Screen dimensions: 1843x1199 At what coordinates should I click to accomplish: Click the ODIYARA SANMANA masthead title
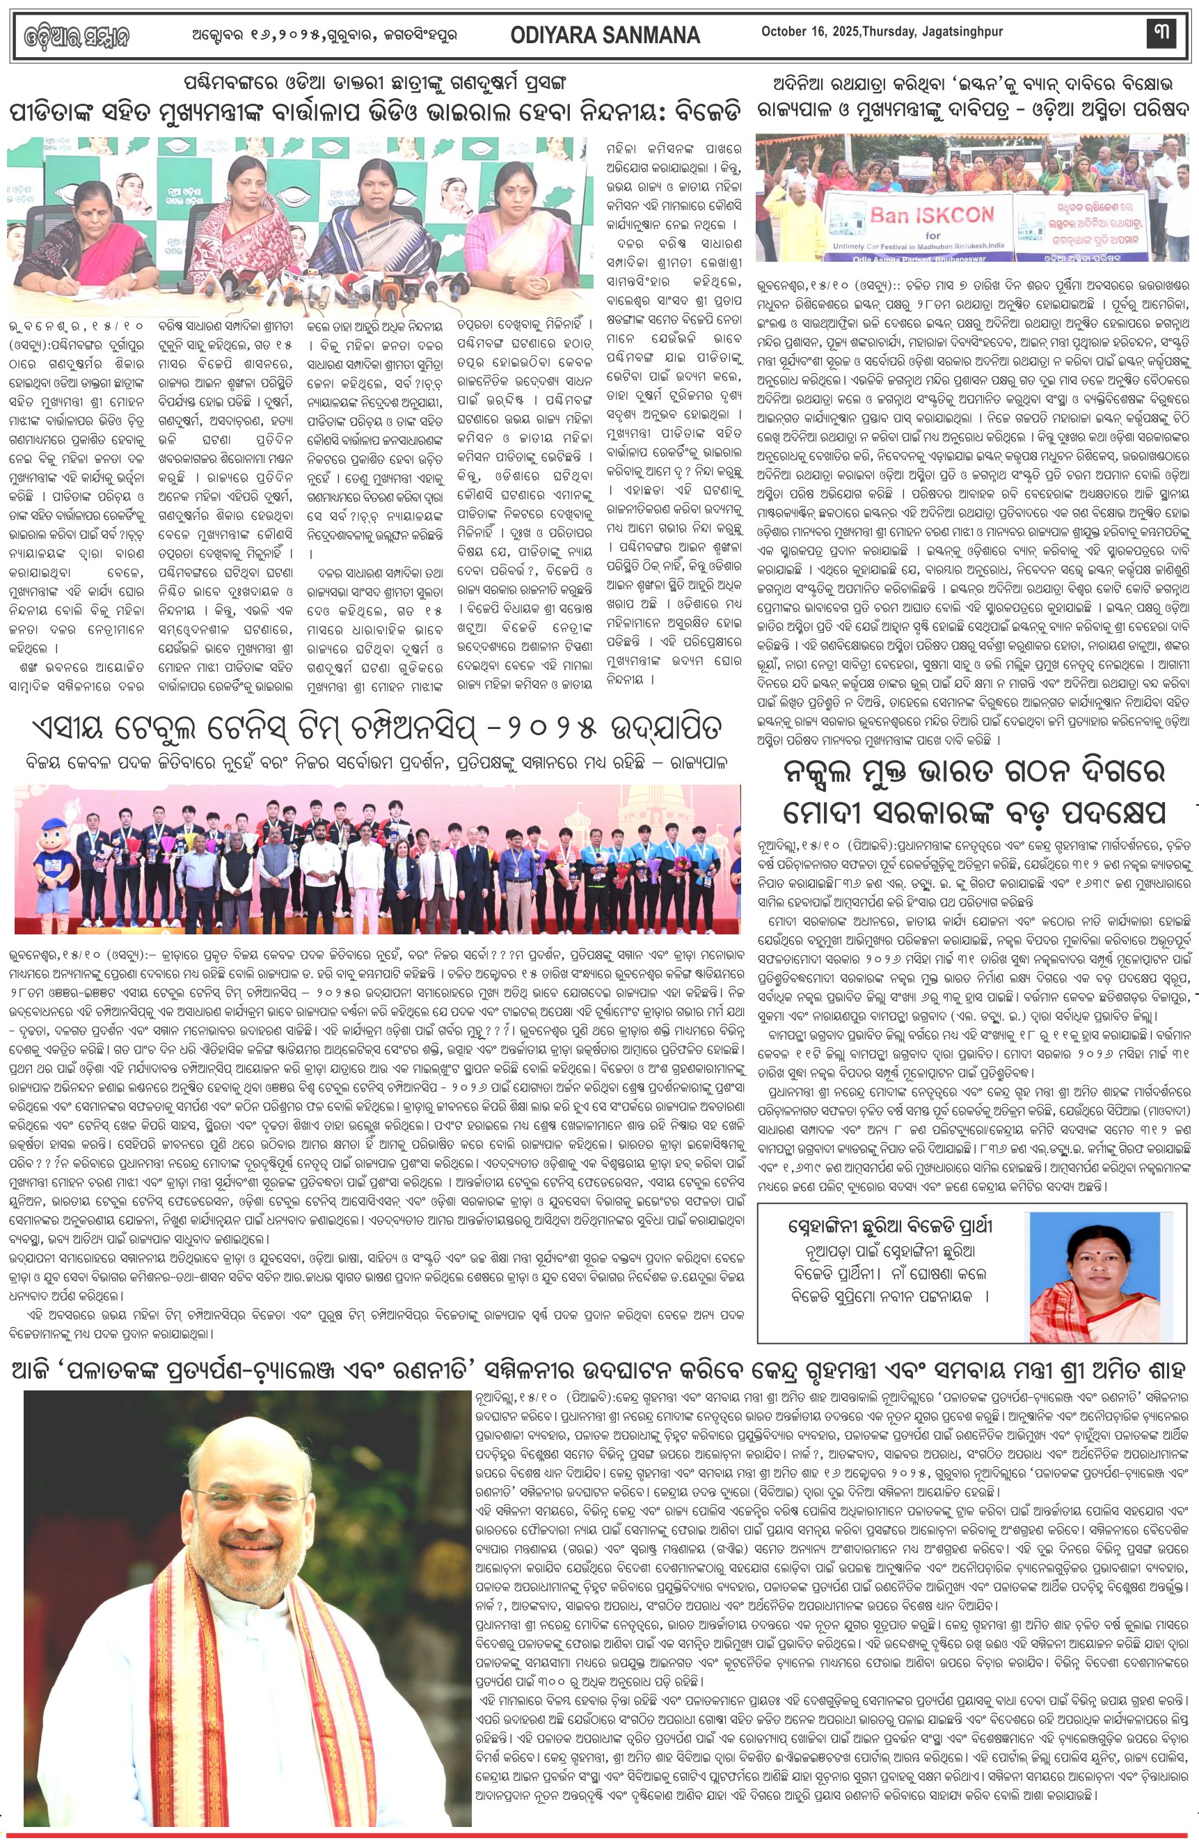(x=605, y=35)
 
